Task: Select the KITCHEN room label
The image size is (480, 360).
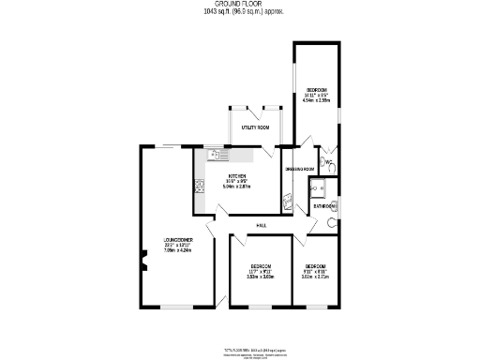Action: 237,176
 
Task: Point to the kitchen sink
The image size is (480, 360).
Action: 213,157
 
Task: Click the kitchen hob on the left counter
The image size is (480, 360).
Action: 200,188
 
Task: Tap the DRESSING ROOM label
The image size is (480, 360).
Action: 299,169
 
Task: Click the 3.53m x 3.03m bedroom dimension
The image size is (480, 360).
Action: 259,277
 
